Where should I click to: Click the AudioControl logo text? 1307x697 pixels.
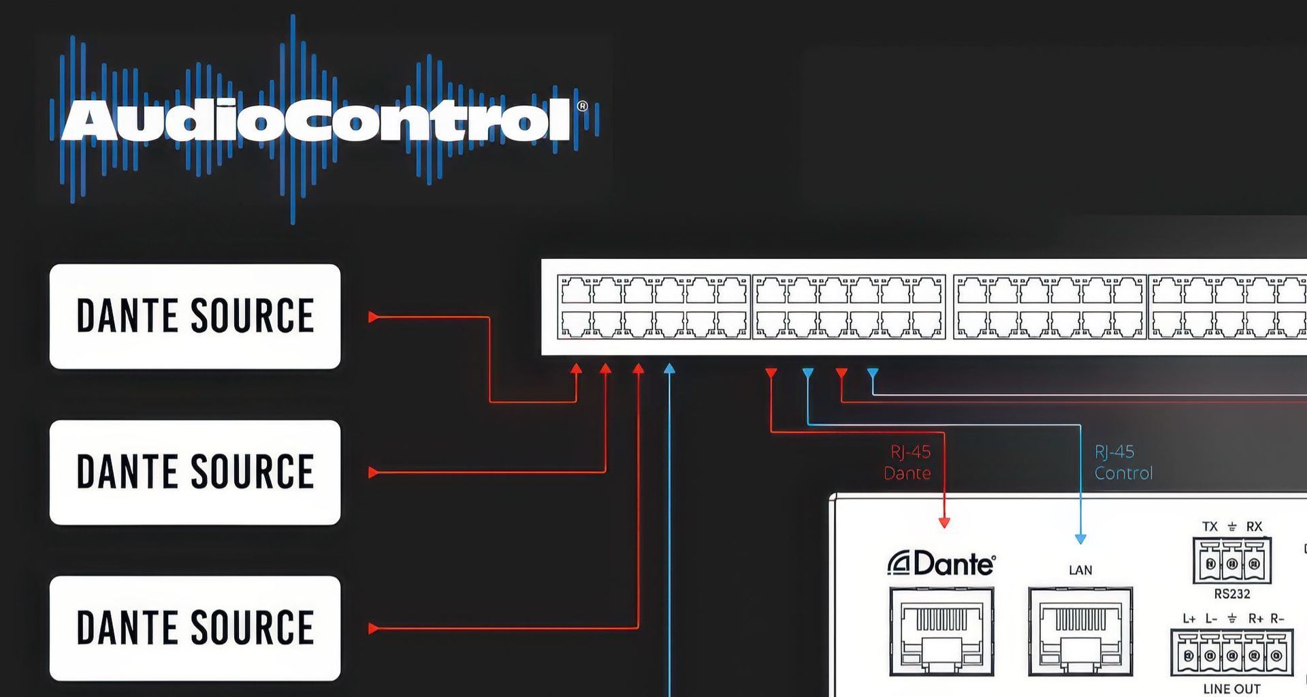point(317,121)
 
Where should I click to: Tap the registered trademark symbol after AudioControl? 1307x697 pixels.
point(582,106)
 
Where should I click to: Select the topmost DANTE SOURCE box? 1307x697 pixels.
point(195,316)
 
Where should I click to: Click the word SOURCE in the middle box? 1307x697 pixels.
point(252,471)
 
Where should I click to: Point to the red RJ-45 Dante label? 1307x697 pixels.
point(908,463)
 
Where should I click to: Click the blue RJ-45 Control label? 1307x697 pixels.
point(1123,463)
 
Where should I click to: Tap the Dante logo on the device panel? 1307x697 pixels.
point(941,563)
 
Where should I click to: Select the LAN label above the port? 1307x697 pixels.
point(1080,570)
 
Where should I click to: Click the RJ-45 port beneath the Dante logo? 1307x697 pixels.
point(941,632)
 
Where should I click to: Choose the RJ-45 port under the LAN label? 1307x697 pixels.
point(1080,632)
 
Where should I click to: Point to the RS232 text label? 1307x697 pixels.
point(1232,593)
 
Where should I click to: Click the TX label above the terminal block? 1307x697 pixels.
point(1210,527)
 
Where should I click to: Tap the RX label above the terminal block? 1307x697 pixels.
point(1254,527)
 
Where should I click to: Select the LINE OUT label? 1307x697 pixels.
point(1232,689)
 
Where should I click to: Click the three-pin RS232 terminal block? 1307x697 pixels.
point(1232,562)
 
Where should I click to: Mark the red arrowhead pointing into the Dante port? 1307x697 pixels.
point(944,523)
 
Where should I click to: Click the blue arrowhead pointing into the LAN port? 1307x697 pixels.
point(1080,539)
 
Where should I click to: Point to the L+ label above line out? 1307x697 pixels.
point(1189,619)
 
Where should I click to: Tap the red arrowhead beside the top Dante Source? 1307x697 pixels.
point(373,317)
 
